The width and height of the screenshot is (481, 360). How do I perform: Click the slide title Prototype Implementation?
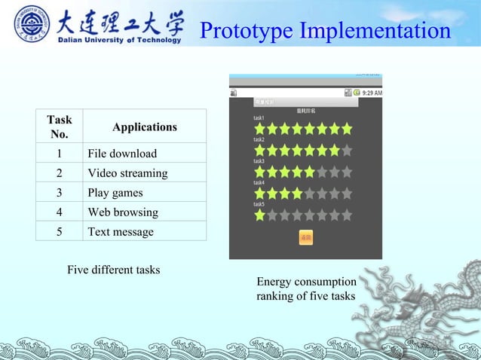325,31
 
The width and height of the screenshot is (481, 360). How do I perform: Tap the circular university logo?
32,23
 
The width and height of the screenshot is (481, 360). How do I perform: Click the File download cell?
122,153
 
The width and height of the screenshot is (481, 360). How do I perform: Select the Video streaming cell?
127,173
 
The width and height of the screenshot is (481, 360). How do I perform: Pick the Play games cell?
115,193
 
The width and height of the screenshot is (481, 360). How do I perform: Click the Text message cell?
121,232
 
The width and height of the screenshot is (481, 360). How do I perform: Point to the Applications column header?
144,127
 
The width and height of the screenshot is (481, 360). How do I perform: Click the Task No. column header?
59,127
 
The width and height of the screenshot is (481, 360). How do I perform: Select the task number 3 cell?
59,193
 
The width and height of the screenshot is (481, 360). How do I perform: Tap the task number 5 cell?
59,232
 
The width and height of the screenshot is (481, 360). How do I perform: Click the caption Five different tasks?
113,270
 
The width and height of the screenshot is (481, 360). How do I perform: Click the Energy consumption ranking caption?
305,289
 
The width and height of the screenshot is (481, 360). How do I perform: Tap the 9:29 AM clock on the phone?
372,93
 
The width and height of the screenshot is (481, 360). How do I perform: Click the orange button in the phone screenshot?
306,238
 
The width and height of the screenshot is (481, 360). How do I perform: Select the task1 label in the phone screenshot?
259,118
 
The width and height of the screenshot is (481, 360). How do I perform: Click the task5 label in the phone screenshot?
259,204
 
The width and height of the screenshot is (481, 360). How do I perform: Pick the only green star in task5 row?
259,215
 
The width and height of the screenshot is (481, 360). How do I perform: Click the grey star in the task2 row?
347,150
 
